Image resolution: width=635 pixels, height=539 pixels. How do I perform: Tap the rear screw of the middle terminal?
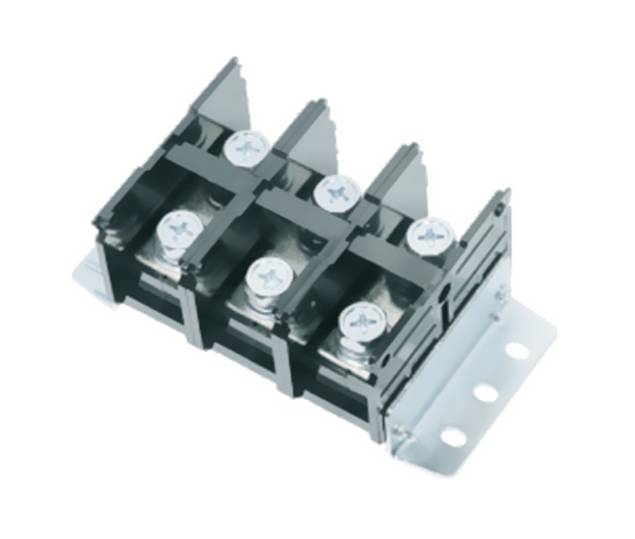pyautogui.click(x=337, y=191)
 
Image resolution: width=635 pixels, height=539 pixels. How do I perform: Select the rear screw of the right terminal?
pyautogui.click(x=431, y=235)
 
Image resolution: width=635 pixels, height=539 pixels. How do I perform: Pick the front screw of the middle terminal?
pyautogui.click(x=268, y=277)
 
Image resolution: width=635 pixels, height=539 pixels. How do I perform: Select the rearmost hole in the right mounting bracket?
pyautogui.click(x=517, y=349)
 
